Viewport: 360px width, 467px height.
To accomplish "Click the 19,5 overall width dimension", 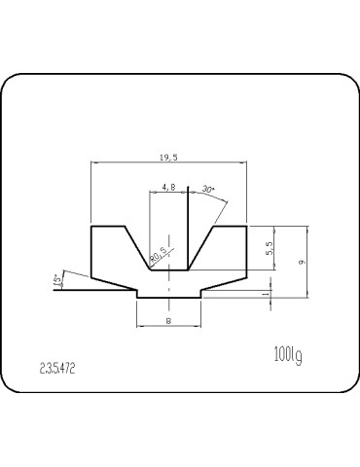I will coord(169,157).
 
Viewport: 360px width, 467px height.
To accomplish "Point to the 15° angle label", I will coord(57,280).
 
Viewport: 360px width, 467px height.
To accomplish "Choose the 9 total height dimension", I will coord(303,262).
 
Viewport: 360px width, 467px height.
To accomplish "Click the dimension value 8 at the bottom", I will coord(169,319).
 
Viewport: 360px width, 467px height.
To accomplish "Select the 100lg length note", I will coord(289,355).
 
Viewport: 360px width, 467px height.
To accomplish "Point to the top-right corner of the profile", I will coord(248,227).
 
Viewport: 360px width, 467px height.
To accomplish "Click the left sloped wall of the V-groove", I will coord(137,247).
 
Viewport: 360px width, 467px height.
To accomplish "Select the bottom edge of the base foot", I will coord(169,298).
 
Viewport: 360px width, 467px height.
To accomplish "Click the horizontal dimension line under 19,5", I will coord(169,163).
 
